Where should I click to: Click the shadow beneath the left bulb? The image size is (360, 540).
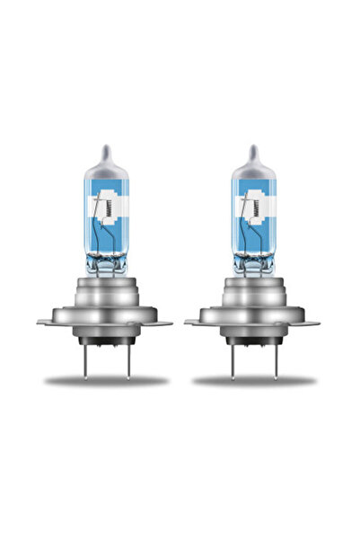click(x=107, y=382)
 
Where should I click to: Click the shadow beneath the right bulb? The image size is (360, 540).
click(x=254, y=382)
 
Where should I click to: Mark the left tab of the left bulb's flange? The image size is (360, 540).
click(x=45, y=321)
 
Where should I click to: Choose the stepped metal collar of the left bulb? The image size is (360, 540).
click(x=107, y=292)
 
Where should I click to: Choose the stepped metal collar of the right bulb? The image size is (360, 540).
click(x=254, y=292)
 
